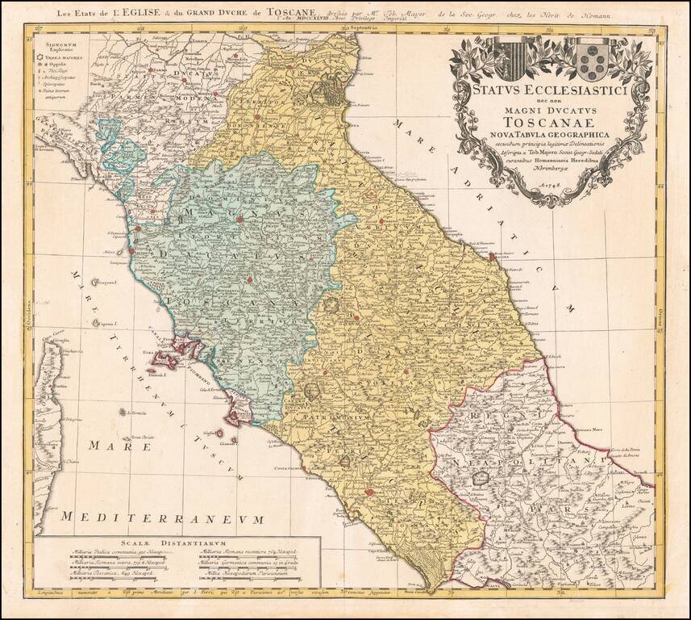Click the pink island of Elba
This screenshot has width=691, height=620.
173,354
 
